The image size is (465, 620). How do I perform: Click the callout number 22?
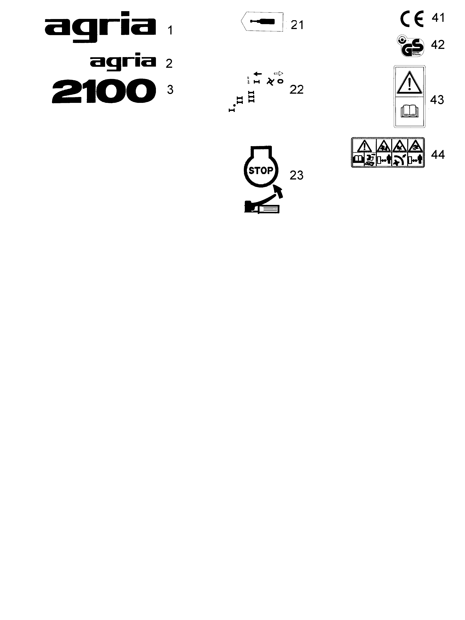296,90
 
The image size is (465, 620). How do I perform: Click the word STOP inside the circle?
261,170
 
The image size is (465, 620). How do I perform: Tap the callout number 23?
296,175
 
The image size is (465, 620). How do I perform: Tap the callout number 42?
438,45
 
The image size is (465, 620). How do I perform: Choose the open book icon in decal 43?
410,111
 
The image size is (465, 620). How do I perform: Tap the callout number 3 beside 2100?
170,90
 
